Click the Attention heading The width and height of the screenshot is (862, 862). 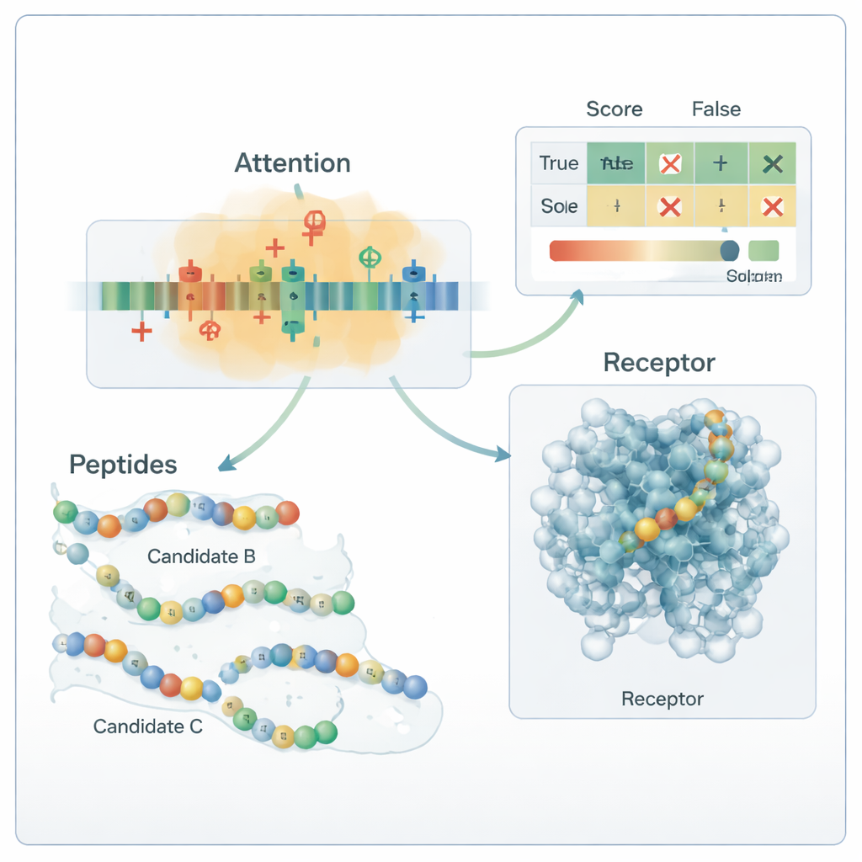[x=292, y=162]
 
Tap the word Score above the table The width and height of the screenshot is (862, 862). [x=614, y=109]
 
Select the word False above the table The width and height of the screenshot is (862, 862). [x=716, y=109]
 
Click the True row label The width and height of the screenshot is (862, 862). [x=558, y=163]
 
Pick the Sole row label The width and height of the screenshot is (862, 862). [x=559, y=206]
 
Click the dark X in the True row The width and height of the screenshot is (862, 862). [x=771, y=164]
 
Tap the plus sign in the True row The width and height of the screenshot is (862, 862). [x=720, y=163]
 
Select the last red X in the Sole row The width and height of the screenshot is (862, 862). [x=771, y=207]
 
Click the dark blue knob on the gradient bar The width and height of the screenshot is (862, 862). [x=730, y=249]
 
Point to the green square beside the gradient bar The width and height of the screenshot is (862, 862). [x=763, y=250]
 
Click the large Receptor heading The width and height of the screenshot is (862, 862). [x=659, y=363]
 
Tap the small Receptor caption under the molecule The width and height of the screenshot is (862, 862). [x=662, y=699]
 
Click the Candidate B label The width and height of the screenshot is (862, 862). [x=201, y=556]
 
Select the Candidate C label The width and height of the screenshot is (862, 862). [x=148, y=726]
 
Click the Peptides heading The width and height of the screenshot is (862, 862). [x=123, y=464]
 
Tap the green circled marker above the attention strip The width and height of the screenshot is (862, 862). [x=369, y=257]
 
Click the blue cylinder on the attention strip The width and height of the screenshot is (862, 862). [x=412, y=274]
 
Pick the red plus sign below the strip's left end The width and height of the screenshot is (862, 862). [x=142, y=331]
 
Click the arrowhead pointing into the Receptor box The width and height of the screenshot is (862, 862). [x=503, y=455]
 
